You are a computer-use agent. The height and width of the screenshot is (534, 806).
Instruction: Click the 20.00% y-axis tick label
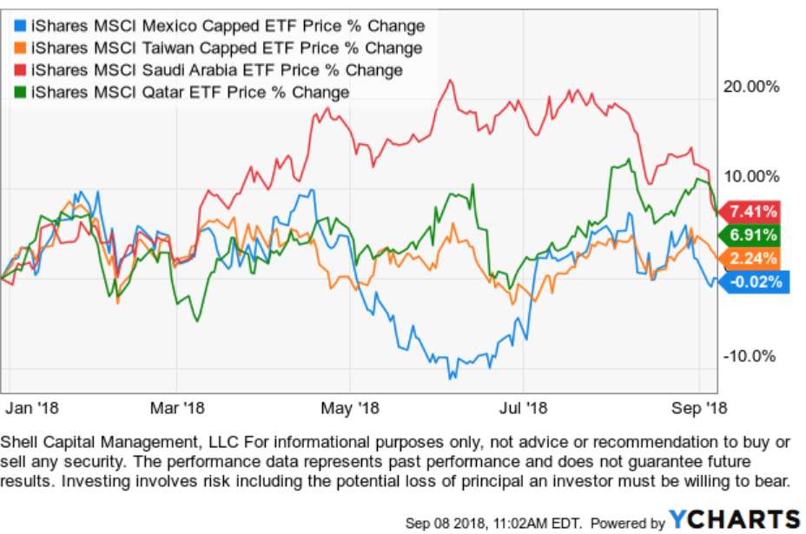(751, 86)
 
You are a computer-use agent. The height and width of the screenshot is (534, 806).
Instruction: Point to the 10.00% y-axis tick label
(751, 176)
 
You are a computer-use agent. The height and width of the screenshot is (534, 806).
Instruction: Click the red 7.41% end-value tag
(751, 211)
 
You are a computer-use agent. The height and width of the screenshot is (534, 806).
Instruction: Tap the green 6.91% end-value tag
(751, 234)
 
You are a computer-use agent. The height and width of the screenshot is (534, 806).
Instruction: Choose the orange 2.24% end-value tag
(751, 258)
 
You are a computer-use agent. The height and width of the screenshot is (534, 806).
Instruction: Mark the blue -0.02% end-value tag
(751, 281)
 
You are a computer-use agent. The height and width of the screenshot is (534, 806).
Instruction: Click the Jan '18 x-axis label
(32, 406)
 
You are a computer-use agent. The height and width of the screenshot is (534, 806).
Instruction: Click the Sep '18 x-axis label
(701, 406)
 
